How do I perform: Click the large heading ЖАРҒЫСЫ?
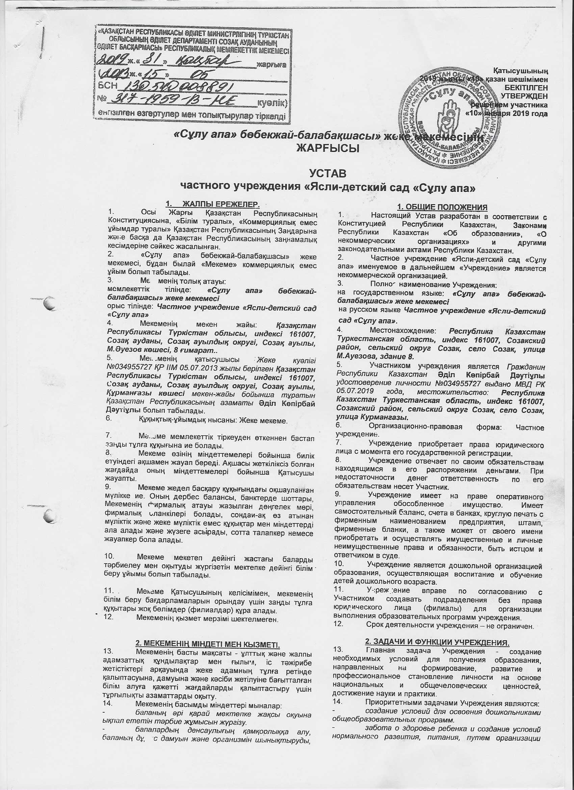point(328,149)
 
